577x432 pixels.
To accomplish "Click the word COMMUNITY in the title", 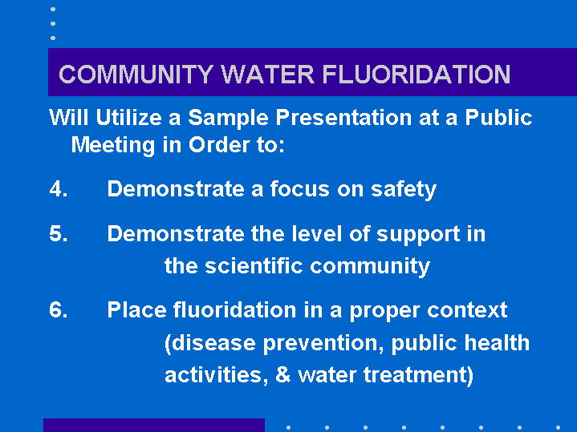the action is [x=136, y=75].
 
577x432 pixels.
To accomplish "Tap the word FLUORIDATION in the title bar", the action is [x=416, y=75].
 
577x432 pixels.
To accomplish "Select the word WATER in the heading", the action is [x=268, y=75].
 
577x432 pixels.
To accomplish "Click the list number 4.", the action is [x=59, y=189].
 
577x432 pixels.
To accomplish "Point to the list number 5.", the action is [x=59, y=234].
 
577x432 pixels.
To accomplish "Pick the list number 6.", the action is [x=59, y=309].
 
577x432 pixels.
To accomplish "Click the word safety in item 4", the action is [x=404, y=190].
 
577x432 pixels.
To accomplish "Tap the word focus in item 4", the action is [x=299, y=189].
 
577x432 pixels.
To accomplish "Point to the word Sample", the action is [x=228, y=119].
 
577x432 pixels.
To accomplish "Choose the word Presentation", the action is [x=343, y=118].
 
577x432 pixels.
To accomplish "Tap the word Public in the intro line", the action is [x=498, y=118].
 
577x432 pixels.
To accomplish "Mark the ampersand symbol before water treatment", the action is [x=282, y=375].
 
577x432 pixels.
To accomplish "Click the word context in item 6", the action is [x=467, y=310].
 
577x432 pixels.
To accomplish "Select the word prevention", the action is [x=320, y=344].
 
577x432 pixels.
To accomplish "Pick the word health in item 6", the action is [x=497, y=343].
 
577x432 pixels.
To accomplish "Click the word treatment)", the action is [x=418, y=376].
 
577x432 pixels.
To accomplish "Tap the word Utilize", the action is [x=128, y=118].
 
